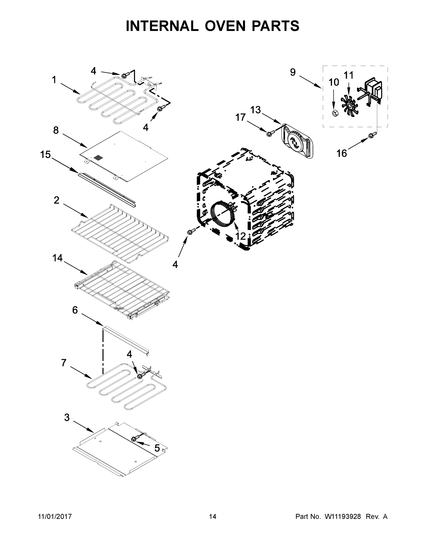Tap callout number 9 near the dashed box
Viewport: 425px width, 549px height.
293,72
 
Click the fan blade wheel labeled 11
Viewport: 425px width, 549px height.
350,103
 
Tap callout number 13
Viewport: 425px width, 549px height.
255,110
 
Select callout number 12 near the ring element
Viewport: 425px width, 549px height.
240,236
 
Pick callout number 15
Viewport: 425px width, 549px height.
46,155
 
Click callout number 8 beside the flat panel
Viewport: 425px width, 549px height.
56,130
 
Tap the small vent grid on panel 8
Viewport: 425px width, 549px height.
99,158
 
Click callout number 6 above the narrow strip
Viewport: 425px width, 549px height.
75,310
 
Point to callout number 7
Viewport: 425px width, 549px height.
64,363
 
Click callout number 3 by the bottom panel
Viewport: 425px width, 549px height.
67,417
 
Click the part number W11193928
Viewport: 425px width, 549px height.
343,517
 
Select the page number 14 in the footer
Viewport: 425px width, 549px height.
213,517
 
